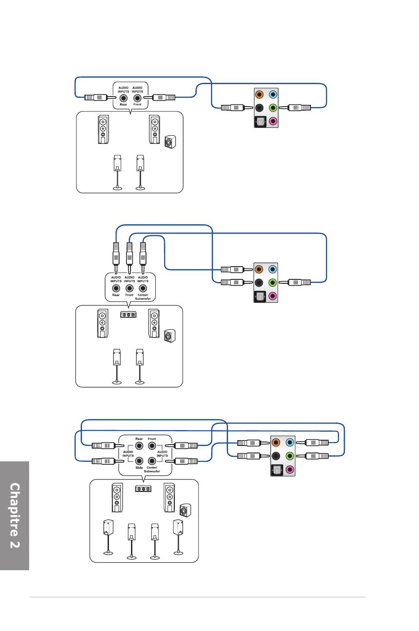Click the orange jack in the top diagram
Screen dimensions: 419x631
(259, 94)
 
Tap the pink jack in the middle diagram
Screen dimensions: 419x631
(272, 296)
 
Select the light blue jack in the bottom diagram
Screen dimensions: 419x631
(290, 442)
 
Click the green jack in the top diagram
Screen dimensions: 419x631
(273, 108)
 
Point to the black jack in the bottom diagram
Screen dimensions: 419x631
(276, 456)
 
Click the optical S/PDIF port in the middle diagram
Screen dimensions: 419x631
(259, 296)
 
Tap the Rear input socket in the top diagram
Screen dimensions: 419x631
(123, 98)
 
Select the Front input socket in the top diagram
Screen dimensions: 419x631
(137, 98)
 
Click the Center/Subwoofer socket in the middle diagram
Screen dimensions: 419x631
(143, 288)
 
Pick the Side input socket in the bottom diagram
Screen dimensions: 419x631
(139, 461)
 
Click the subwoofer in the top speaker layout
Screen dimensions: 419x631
(170, 142)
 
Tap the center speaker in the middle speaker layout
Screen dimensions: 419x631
(128, 314)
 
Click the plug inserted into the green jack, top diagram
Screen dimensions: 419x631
(295, 108)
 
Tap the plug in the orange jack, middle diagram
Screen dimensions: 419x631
(236, 270)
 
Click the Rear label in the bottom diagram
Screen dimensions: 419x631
(139, 439)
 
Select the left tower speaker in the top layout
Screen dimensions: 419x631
(103, 129)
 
